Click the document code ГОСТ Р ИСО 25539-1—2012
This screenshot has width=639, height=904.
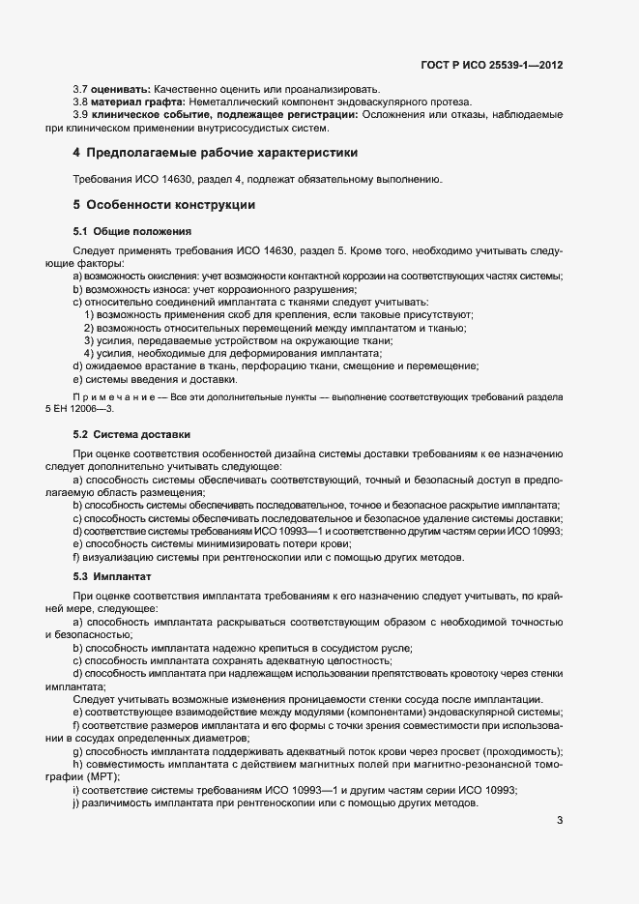click(491, 66)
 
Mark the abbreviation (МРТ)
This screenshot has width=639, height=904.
click(102, 776)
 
